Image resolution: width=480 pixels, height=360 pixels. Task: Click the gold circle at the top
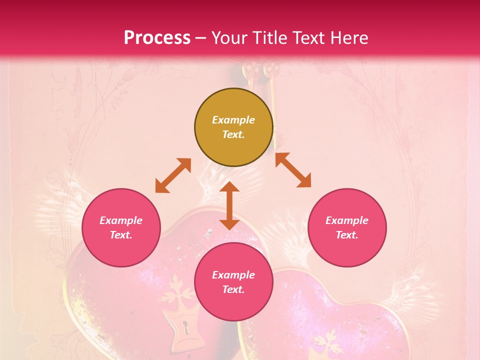pos(233,127)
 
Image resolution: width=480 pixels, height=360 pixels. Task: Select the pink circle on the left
pos(121,227)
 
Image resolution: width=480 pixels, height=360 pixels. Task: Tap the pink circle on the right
pos(347,227)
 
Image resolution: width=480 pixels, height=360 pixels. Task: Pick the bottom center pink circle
pos(233,282)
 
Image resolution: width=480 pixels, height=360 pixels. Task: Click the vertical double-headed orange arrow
pos(229,205)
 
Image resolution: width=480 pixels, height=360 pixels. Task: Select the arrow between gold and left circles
pos(173,175)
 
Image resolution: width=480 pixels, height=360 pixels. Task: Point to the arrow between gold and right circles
pos(293,170)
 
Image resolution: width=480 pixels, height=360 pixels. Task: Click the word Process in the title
pos(157,37)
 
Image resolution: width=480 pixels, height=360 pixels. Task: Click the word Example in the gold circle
pos(233,120)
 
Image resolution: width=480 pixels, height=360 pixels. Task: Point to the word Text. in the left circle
pos(121,235)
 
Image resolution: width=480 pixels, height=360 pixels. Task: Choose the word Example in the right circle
pos(347,220)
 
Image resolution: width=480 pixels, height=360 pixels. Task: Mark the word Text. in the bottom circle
pos(233,289)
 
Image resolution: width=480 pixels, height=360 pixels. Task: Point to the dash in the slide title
pos(201,38)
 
